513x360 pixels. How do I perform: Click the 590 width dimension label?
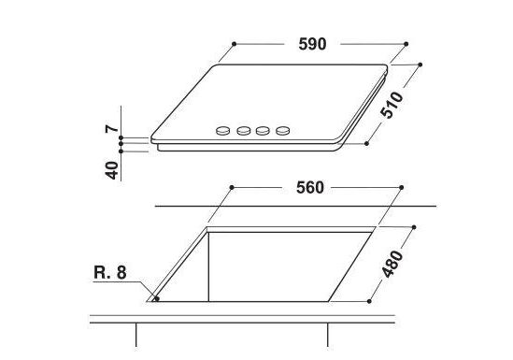point(312,44)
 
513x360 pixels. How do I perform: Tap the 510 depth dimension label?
point(392,105)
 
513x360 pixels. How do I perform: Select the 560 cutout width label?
point(310,188)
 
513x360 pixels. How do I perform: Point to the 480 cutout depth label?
point(392,264)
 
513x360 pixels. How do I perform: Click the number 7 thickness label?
point(112,128)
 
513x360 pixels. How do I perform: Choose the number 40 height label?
point(112,170)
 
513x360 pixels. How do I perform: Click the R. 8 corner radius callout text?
point(110,272)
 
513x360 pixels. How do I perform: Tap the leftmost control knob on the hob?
point(222,131)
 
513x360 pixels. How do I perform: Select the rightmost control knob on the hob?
point(283,131)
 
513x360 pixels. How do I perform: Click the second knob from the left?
point(243,131)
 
